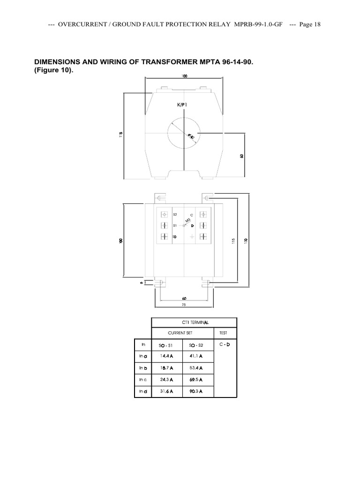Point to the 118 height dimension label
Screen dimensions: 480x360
[121, 135]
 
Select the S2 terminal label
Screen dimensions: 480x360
[175, 214]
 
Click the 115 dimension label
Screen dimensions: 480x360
[233, 240]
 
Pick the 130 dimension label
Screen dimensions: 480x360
[246, 240]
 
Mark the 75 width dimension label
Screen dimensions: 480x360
[184, 305]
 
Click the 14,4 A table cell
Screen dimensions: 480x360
[166, 356]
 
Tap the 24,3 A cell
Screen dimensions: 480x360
[166, 379]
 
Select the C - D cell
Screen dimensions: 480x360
[225, 345]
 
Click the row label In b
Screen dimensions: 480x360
[143, 367]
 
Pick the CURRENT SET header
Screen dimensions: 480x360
[182, 333]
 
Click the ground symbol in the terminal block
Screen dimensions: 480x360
[192, 237]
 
